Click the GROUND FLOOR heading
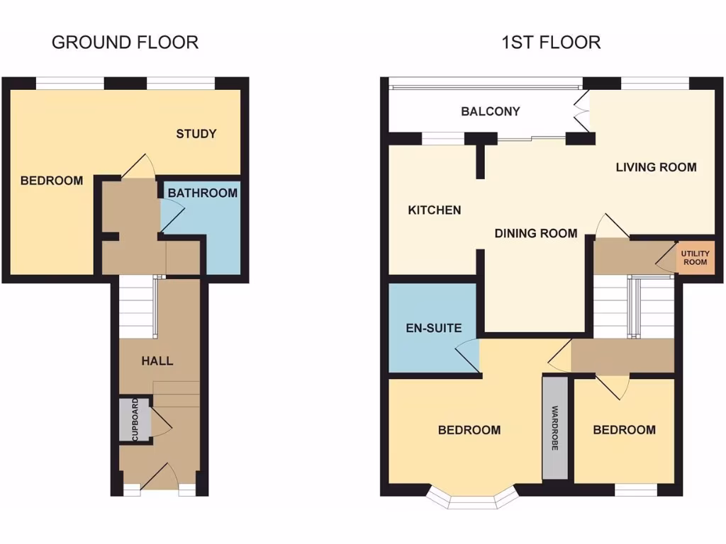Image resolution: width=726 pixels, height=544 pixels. (125, 42)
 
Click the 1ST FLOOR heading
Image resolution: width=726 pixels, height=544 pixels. (550, 42)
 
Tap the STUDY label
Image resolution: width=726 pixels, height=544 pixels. (196, 134)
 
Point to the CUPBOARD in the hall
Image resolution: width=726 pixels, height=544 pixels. (135, 420)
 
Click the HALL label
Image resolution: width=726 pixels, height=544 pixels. (157, 361)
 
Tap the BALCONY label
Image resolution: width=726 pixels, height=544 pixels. (490, 111)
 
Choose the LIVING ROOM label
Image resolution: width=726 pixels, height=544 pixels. (655, 167)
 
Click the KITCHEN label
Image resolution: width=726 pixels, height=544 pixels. (434, 210)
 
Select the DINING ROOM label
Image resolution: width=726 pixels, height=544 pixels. (535, 233)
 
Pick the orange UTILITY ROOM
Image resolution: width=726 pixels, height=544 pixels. (694, 257)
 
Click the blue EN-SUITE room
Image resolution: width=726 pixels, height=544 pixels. (424, 328)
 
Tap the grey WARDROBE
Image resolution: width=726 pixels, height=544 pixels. (555, 428)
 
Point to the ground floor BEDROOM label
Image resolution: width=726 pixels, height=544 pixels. (51, 181)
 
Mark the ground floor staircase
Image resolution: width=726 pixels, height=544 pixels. (136, 307)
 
